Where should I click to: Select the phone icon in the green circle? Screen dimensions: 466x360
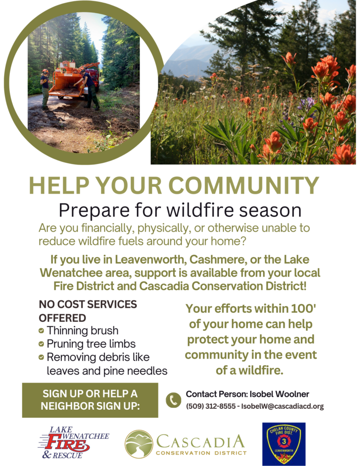(173, 400)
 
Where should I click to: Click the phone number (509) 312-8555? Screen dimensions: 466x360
(211, 406)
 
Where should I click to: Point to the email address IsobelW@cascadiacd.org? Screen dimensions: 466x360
(282, 406)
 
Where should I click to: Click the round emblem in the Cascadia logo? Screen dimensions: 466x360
(139, 444)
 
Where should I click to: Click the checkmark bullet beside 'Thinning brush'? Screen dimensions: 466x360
(41, 331)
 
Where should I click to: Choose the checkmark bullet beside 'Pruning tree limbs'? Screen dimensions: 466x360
(41, 344)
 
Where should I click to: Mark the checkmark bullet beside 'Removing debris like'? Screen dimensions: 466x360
(41, 357)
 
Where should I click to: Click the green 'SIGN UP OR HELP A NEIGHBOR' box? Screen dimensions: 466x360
(90, 400)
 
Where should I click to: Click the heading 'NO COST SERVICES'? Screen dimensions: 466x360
(88, 304)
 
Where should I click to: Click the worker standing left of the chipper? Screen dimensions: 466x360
(45, 88)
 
